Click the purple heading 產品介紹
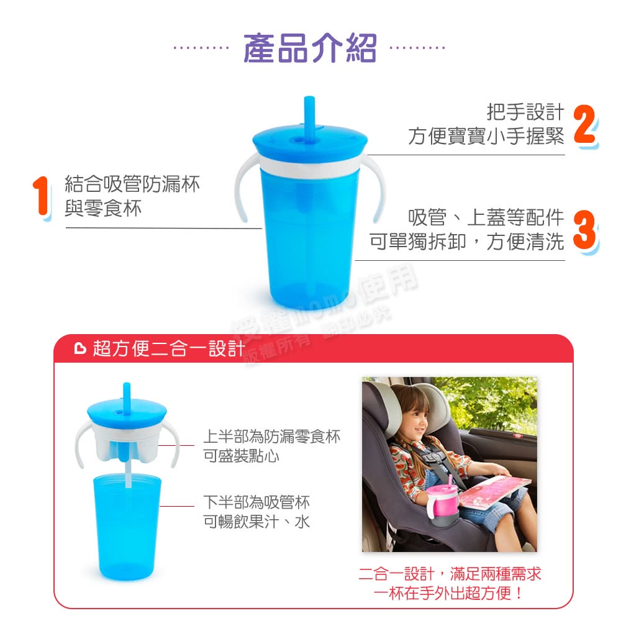pyautogui.click(x=309, y=48)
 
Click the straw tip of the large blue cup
pyautogui.click(x=309, y=99)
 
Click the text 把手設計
pyautogui.click(x=525, y=112)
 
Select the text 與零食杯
pyautogui.click(x=103, y=208)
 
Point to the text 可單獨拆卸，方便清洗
pyautogui.click(x=466, y=241)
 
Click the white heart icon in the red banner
pyautogui.click(x=80, y=348)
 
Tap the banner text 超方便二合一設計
pyautogui.click(x=169, y=348)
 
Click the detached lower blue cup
pyautogui.click(x=127, y=527)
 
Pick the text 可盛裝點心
pyautogui.click(x=241, y=456)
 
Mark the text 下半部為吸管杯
pyautogui.click(x=256, y=502)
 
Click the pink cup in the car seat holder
pyautogui.click(x=440, y=501)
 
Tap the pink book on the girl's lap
pyautogui.click(x=494, y=491)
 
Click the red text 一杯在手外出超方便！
pyautogui.click(x=449, y=593)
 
